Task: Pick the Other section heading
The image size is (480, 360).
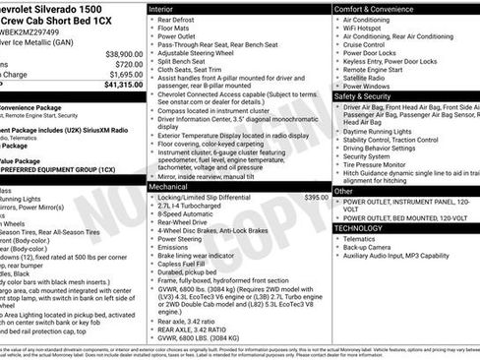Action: click(x=343, y=191)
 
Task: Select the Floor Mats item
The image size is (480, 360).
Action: click(x=177, y=30)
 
